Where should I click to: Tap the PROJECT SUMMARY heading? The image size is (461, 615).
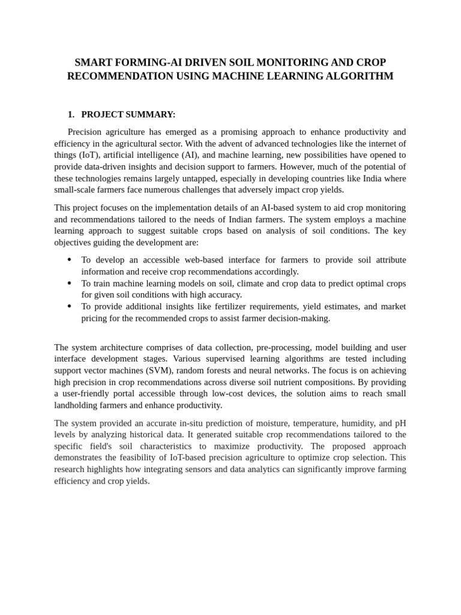128,114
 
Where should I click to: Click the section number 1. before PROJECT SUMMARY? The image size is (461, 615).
71,114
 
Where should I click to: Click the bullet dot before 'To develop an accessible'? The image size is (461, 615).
70,259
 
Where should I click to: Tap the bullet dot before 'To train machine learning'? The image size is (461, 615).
70,283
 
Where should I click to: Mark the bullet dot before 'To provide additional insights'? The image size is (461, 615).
70,306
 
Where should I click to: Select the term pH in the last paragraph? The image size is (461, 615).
400,423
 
